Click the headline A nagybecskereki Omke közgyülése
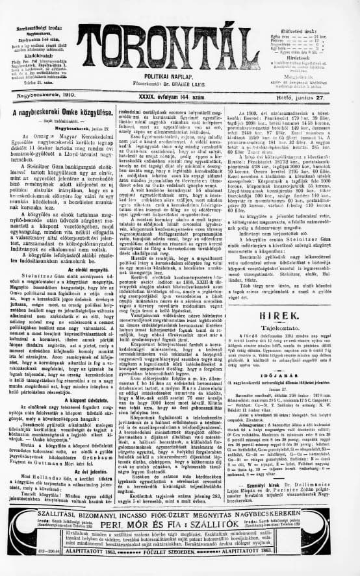click(62, 112)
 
